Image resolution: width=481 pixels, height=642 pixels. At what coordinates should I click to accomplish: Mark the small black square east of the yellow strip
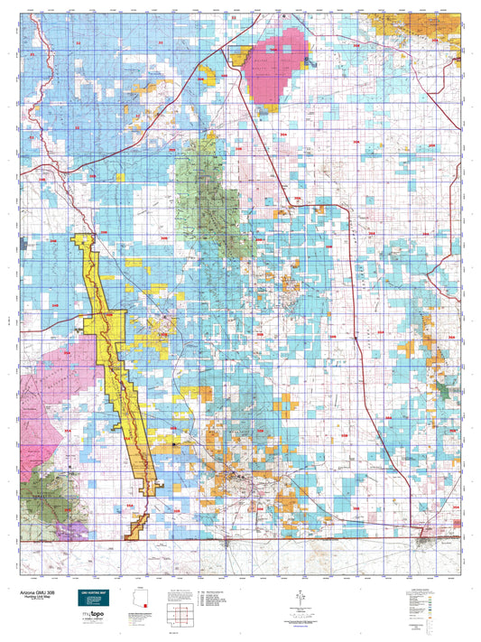coord(177,445)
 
